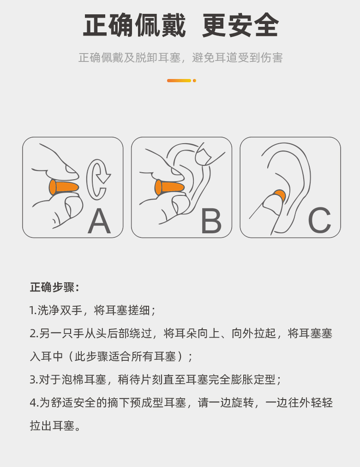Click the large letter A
[99, 221]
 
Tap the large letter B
[211, 221]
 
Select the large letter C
[320, 220]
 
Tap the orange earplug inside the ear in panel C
[280, 195]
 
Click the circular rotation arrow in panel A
[97, 179]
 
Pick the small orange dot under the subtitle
[195, 81]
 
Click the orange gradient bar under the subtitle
[179, 81]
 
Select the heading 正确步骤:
[54, 287]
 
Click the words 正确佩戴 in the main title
[134, 25]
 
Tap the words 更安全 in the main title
[240, 25]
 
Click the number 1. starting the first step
[33, 310]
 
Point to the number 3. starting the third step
[34, 380]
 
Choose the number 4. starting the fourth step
[34, 403]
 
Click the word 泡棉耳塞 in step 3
[84, 380]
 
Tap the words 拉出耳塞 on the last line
[52, 425]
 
